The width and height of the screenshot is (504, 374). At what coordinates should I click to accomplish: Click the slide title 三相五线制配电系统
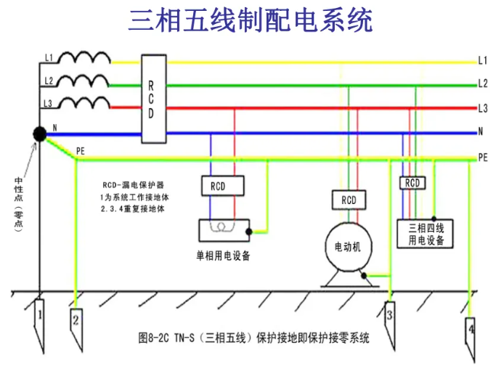point(251,20)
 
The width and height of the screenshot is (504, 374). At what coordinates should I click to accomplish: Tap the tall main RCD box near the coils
point(150,98)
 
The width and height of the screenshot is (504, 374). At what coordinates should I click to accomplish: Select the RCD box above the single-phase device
point(218,186)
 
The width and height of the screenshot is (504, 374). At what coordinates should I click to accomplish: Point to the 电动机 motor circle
point(346,247)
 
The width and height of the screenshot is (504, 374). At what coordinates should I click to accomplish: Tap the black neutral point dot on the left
point(38,134)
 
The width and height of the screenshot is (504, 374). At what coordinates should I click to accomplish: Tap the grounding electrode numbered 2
point(76,319)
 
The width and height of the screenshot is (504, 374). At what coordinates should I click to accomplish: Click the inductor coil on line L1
point(84,57)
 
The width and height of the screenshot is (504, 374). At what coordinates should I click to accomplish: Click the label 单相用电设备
point(222,256)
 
